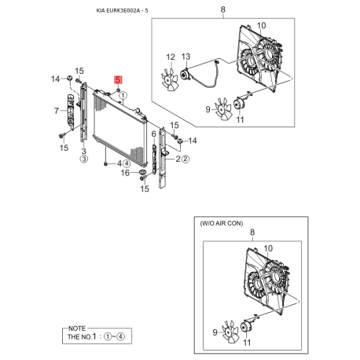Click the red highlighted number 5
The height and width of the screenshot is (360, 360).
click(x=118, y=79)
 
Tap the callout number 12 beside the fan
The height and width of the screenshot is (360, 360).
click(x=171, y=57)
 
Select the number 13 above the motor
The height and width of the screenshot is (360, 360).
click(x=186, y=57)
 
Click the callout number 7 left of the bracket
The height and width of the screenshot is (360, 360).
click(x=57, y=111)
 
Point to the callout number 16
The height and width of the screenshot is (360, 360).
click(x=125, y=173)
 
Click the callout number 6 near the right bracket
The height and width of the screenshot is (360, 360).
click(x=154, y=134)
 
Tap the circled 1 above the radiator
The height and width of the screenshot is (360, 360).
click(x=123, y=96)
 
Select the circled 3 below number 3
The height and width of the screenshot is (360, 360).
click(x=84, y=159)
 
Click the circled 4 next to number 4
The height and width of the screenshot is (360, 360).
click(x=127, y=163)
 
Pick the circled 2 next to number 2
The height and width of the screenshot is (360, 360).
click(x=186, y=159)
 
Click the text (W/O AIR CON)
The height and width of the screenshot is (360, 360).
click(x=222, y=223)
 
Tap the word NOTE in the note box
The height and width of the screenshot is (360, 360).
click(x=77, y=329)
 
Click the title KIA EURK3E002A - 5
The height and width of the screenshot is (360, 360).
click(x=122, y=11)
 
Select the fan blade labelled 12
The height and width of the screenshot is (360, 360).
click(x=170, y=79)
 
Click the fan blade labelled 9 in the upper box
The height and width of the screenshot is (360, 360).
click(x=223, y=109)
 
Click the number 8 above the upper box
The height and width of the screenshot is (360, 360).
click(x=222, y=9)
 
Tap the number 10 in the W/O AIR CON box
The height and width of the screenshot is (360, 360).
click(x=268, y=248)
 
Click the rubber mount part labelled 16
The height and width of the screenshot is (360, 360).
click(x=142, y=172)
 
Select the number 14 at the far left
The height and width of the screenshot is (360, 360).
click(x=55, y=79)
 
